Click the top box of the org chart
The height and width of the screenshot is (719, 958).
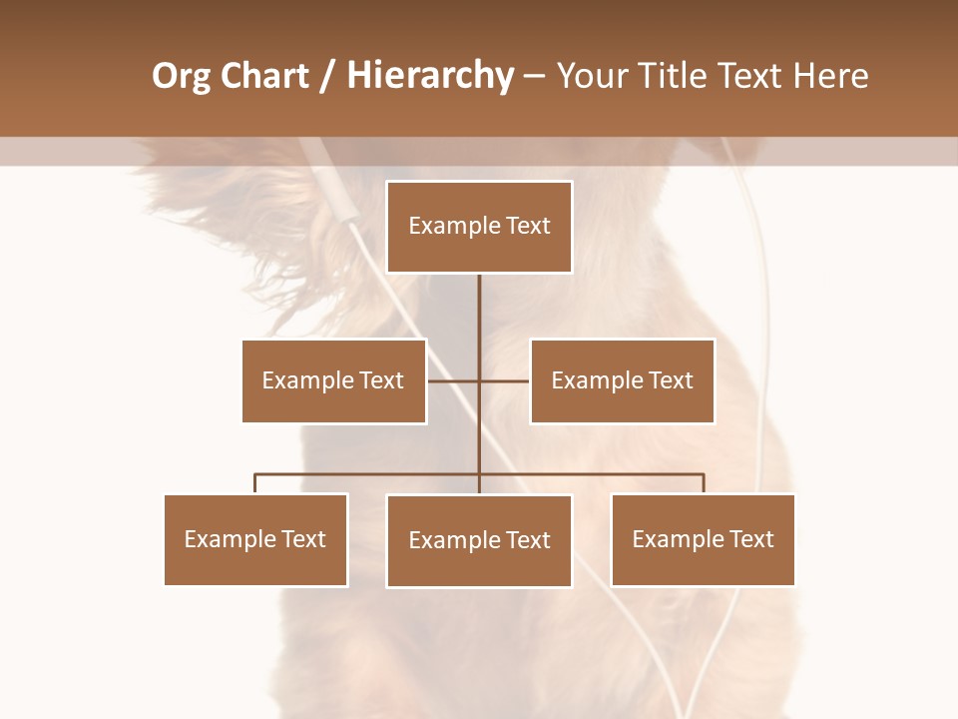click(x=479, y=227)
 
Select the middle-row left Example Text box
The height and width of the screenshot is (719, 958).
click(x=333, y=380)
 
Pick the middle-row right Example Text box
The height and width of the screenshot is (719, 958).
click(x=622, y=380)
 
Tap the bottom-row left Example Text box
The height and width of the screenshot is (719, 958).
click(x=255, y=539)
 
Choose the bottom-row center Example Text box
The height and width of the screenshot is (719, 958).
click(x=479, y=540)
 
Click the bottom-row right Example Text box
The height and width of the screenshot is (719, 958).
click(x=703, y=539)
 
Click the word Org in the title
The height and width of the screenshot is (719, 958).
click(x=181, y=77)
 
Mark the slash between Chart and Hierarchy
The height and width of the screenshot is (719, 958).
click(x=327, y=77)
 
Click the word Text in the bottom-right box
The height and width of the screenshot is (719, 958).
click(x=751, y=539)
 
